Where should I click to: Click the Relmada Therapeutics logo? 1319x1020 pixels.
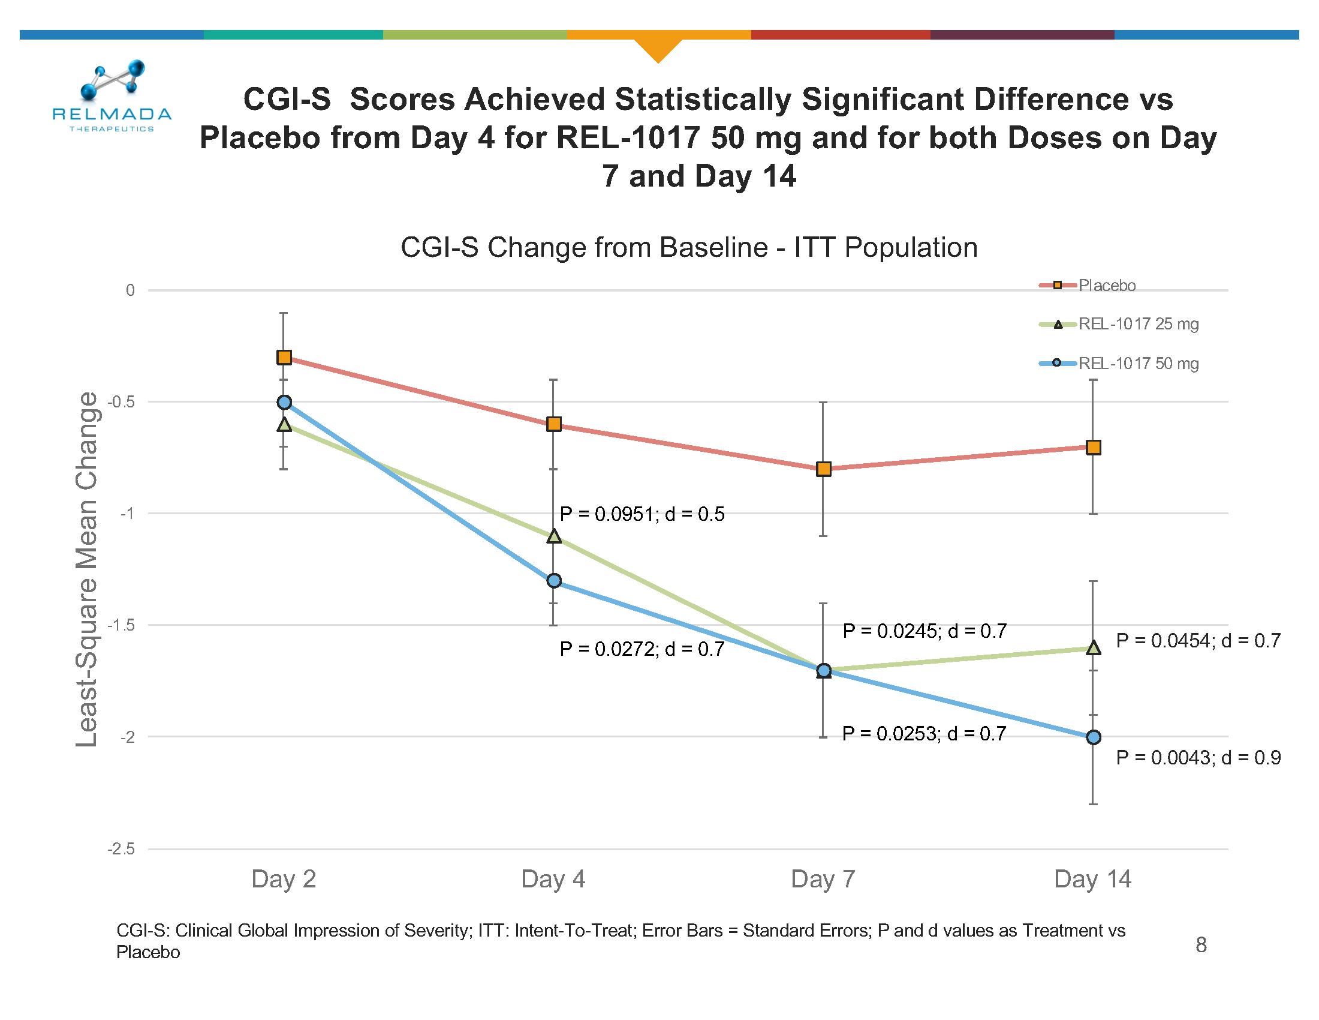[112, 97]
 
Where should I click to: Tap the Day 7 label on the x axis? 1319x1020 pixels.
[823, 879]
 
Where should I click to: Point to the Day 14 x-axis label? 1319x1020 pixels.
[1092, 879]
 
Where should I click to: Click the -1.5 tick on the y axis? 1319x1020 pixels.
[121, 625]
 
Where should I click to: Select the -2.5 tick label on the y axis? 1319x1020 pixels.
[121, 850]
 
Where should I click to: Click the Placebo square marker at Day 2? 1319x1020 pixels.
[284, 358]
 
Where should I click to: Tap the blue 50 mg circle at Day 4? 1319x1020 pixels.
[554, 581]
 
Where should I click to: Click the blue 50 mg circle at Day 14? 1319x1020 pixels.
[1094, 737]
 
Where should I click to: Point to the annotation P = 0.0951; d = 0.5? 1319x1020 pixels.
[642, 514]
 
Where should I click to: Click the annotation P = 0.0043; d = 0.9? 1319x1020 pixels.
[1198, 758]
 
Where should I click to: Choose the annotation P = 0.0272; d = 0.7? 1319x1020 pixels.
[642, 649]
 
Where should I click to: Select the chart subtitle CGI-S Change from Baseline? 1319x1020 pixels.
[689, 248]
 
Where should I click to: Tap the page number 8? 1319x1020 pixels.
[1201, 945]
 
